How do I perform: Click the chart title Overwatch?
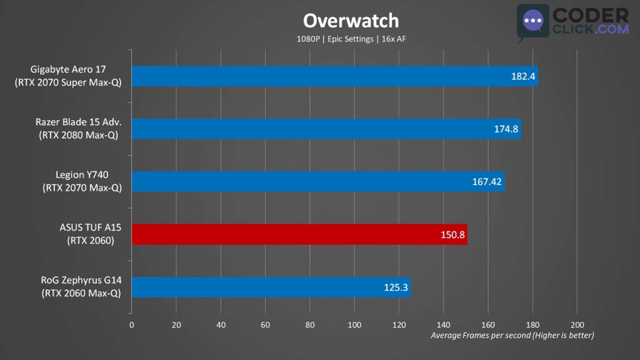(351, 21)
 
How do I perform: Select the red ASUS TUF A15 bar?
(299, 235)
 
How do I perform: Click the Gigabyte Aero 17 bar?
(334, 76)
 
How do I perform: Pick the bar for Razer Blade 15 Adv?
(326, 129)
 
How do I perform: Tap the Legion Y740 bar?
(317, 182)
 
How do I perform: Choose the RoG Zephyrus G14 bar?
(271, 287)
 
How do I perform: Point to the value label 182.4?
(522, 77)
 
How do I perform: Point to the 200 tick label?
(577, 325)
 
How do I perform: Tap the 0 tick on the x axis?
(131, 325)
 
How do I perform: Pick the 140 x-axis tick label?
(444, 325)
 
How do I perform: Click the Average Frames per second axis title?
(512, 336)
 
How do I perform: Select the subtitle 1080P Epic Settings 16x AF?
(351, 39)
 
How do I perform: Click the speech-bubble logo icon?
(532, 22)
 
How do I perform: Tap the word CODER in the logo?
(591, 15)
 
